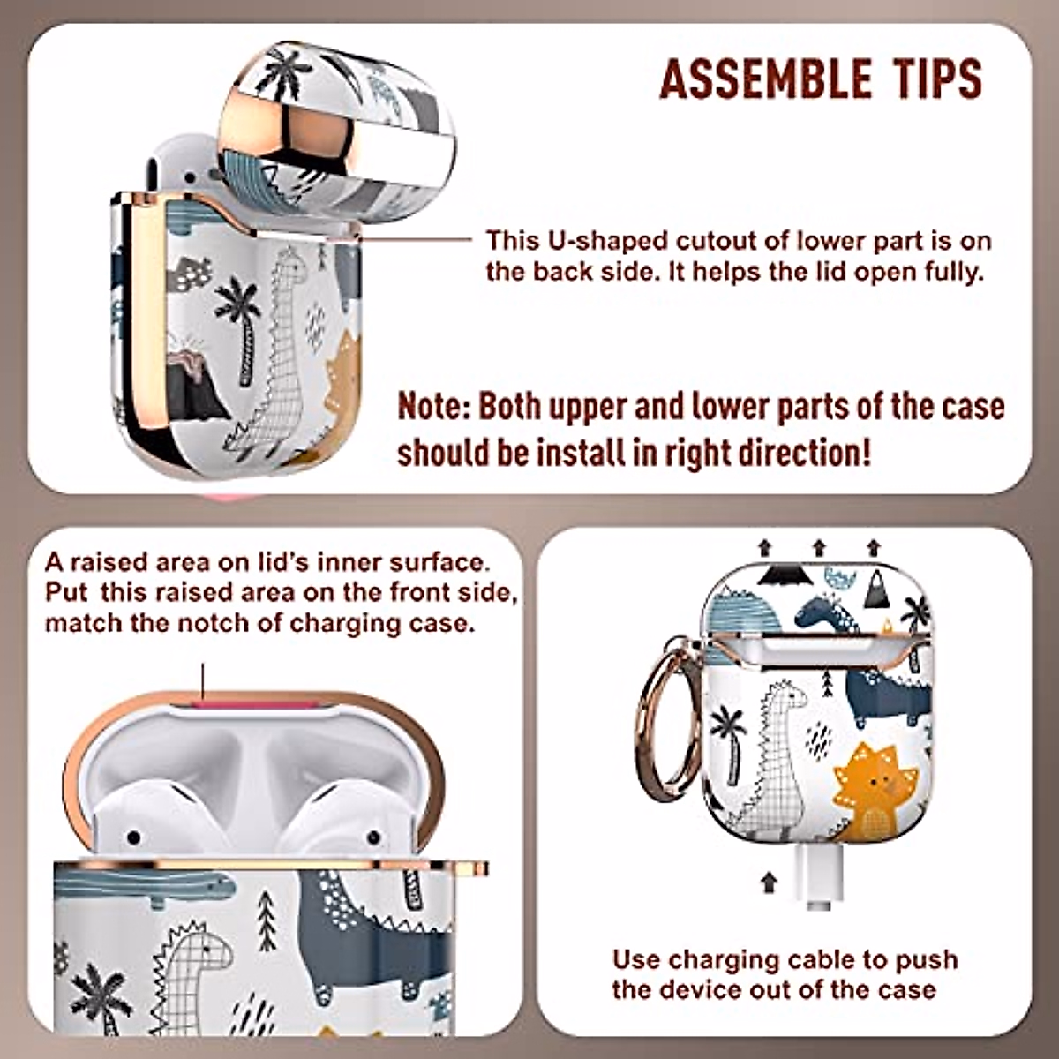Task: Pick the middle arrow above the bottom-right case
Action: (819, 548)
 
